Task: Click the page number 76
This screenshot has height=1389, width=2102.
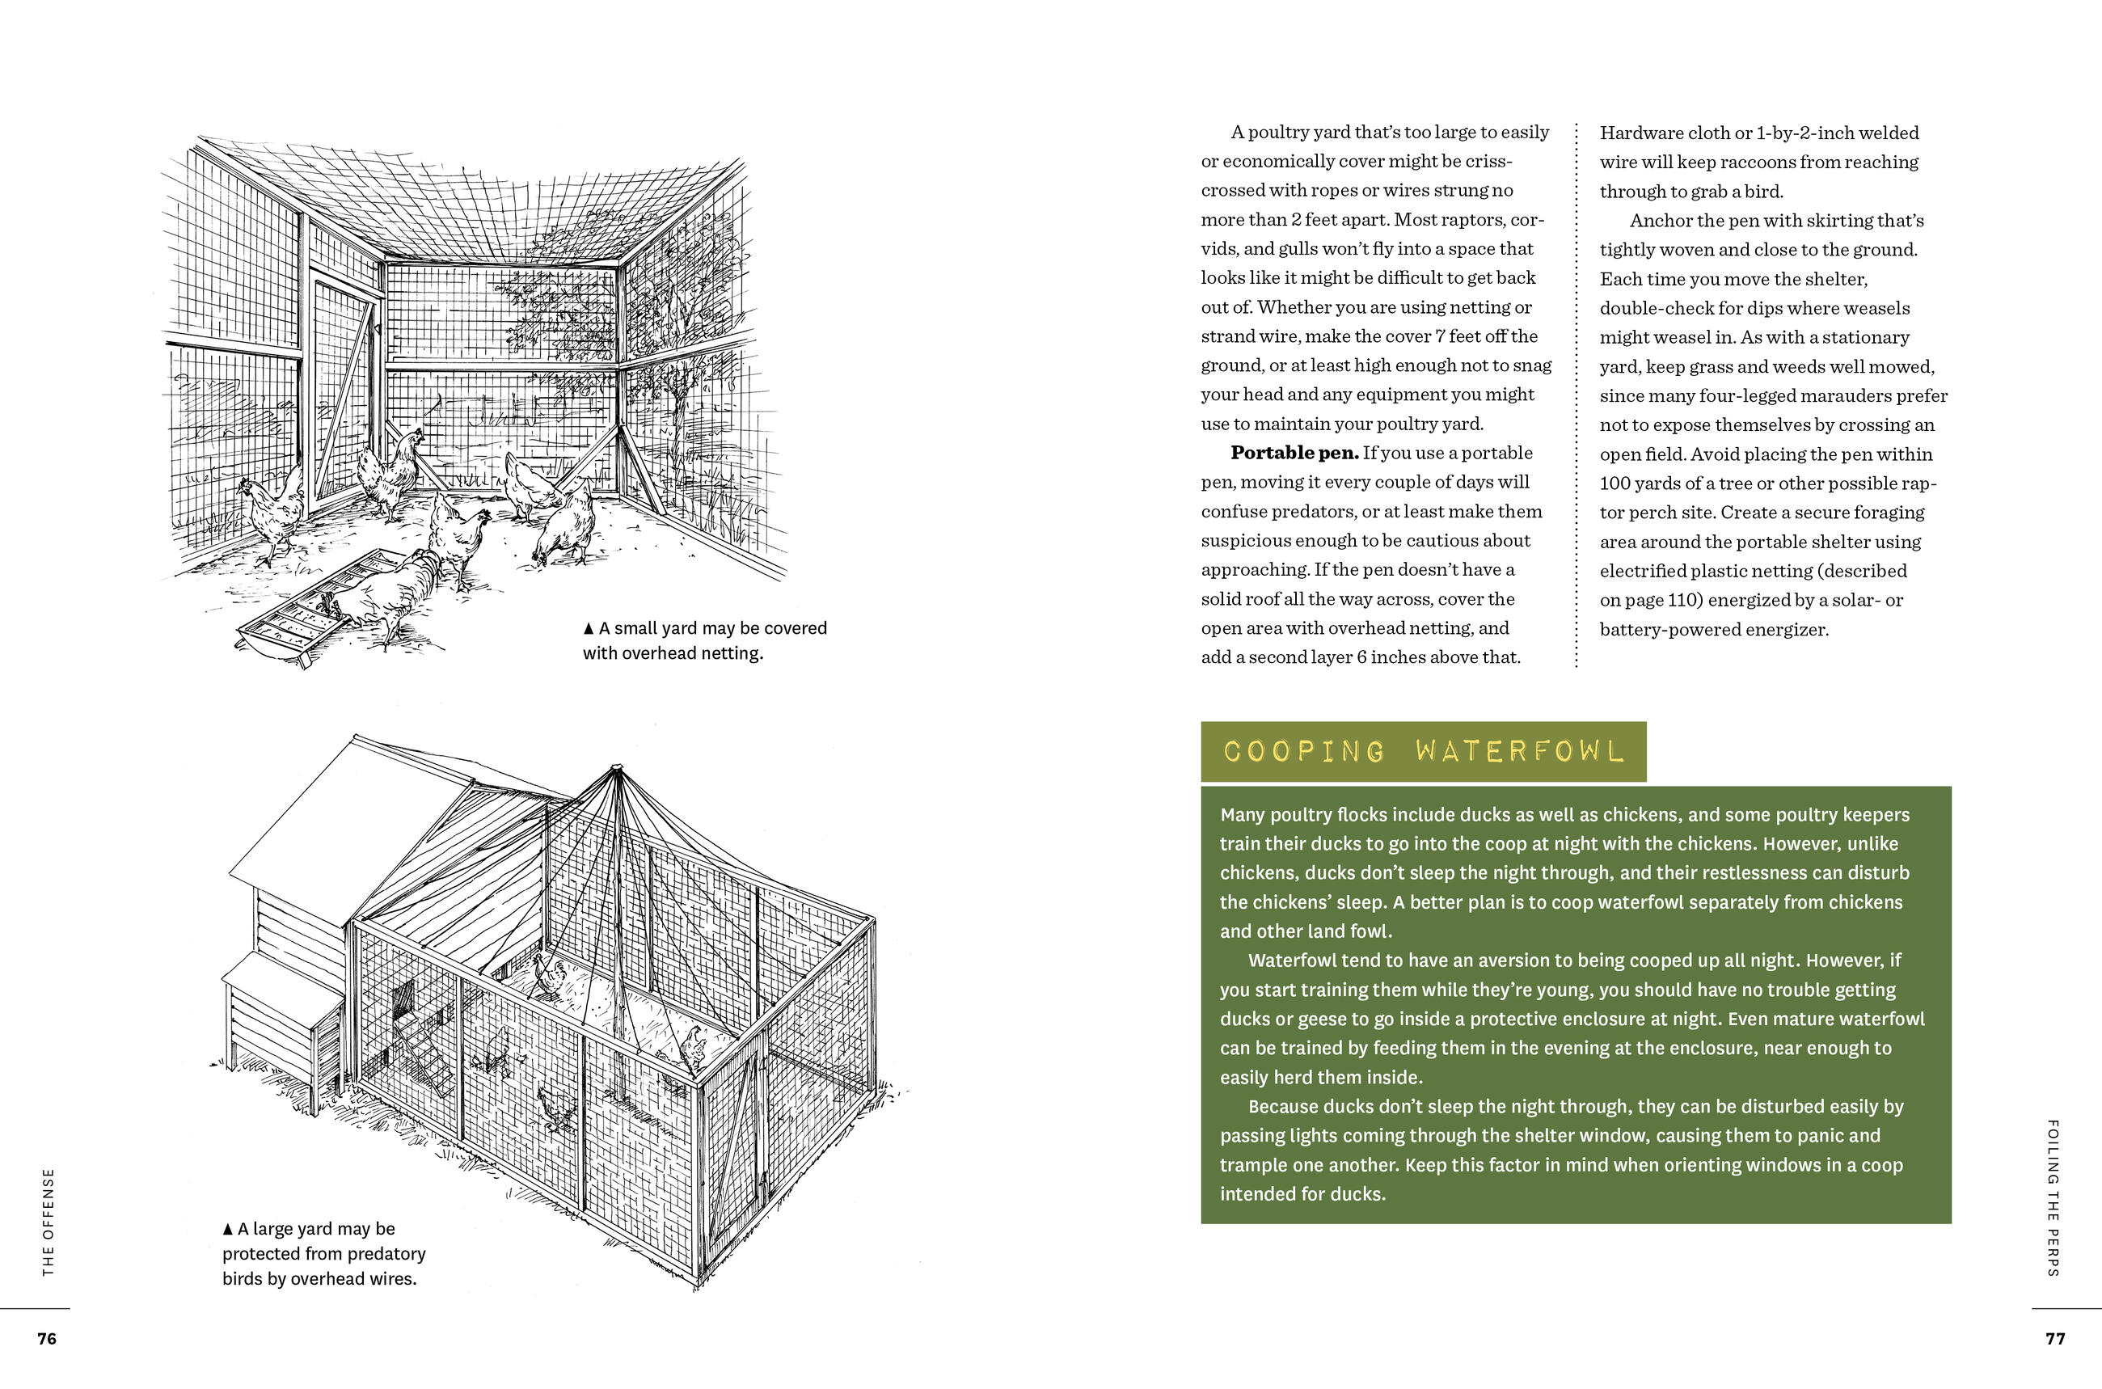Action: (47, 1339)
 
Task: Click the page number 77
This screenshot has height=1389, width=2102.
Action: (2055, 1339)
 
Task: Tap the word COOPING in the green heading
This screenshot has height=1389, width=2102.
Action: (1304, 752)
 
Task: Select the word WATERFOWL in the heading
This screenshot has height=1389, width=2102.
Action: (1520, 752)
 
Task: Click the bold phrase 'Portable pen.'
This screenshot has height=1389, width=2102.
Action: (1294, 453)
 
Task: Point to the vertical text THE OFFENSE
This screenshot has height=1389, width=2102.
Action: (49, 1222)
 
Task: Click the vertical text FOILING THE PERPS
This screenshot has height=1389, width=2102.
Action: (2053, 1197)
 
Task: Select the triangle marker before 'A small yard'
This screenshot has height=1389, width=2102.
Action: (589, 629)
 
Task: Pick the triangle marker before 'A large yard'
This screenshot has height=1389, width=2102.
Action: (228, 1230)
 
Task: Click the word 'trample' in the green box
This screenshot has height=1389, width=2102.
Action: (1250, 1165)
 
